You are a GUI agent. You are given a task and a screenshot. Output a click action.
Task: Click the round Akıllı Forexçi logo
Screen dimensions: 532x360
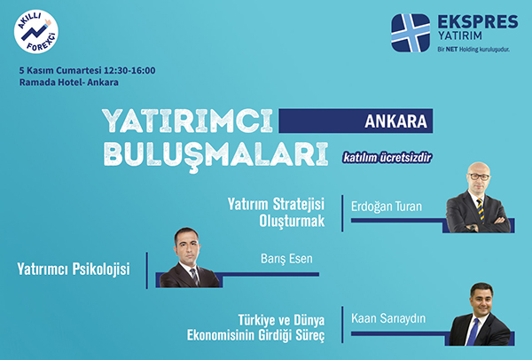pyautogui.click(x=36, y=32)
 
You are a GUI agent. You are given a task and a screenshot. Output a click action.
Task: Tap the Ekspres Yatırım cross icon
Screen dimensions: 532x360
pyautogui.click(x=411, y=33)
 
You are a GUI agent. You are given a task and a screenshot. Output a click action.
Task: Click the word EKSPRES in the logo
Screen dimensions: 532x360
pyautogui.click(x=478, y=21)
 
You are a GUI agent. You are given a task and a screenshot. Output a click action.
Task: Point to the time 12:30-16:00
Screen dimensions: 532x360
pyautogui.click(x=129, y=71)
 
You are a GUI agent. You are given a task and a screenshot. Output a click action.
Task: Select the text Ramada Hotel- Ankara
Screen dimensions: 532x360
pyautogui.click(x=69, y=82)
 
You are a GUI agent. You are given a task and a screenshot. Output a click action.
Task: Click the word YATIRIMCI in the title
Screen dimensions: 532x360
pyautogui.click(x=187, y=121)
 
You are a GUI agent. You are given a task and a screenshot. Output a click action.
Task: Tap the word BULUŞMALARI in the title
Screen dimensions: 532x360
pyautogui.click(x=215, y=154)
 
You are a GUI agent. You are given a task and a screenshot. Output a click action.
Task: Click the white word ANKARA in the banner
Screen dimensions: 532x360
pyautogui.click(x=396, y=121)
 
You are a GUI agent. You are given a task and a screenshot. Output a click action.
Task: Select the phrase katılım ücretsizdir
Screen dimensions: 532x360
pyautogui.click(x=387, y=158)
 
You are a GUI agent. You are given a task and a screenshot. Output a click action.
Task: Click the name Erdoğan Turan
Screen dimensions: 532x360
pyautogui.click(x=387, y=207)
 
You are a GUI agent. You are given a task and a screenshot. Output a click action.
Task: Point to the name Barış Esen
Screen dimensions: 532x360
pyautogui.click(x=286, y=259)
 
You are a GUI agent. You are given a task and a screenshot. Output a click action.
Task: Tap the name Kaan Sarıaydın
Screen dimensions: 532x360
pyautogui.click(x=388, y=318)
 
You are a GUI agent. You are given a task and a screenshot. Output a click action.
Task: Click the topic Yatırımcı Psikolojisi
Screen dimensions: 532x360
pyautogui.click(x=74, y=270)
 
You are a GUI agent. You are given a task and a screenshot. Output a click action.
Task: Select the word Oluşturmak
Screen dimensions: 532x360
pyautogui.click(x=292, y=221)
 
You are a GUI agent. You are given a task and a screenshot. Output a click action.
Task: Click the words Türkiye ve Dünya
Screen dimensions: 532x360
pyautogui.click(x=281, y=320)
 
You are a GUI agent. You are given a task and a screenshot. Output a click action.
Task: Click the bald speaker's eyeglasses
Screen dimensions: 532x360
pyautogui.click(x=479, y=176)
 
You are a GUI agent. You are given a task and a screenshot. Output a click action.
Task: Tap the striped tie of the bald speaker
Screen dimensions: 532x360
pyautogui.click(x=481, y=210)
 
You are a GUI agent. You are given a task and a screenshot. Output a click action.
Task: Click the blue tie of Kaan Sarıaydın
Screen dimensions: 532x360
pyautogui.click(x=473, y=332)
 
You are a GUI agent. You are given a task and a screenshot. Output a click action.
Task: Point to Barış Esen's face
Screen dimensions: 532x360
pyautogui.click(x=187, y=247)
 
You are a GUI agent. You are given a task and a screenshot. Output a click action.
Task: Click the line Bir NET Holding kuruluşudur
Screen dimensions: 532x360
pyautogui.click(x=473, y=50)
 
